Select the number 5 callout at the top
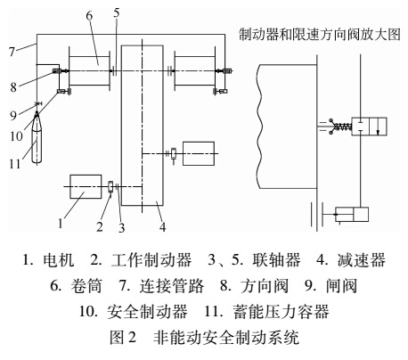coord(116,12)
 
